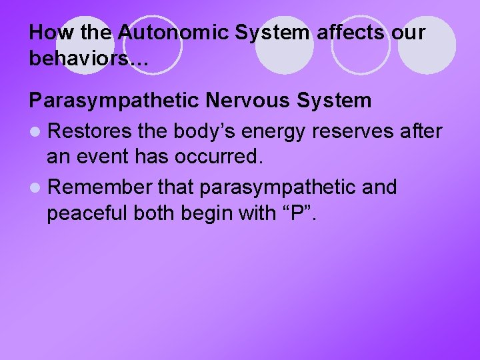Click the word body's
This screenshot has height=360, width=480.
point(205,131)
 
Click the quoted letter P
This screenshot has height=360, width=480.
point(300,215)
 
